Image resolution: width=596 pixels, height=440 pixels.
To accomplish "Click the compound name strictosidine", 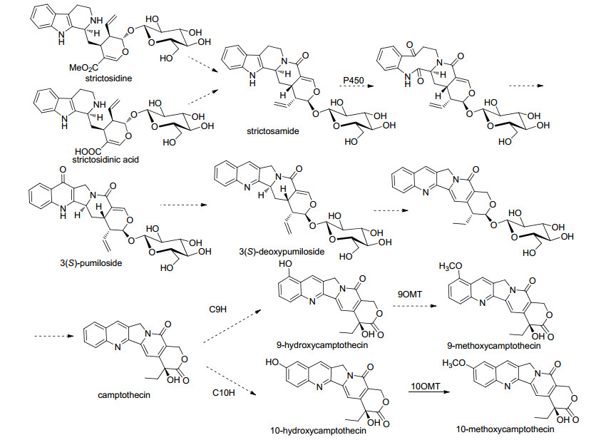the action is click(108, 78).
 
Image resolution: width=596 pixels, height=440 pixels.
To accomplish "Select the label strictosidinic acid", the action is click(106, 160).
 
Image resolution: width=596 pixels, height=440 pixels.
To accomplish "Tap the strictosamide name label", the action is click(272, 131).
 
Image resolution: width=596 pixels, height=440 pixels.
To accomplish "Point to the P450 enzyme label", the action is click(353, 81).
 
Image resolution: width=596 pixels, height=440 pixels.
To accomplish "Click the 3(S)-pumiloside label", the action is click(91, 263).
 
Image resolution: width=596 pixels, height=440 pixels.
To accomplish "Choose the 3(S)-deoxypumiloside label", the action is click(282, 252).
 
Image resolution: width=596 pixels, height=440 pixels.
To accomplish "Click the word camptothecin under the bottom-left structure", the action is click(124, 395).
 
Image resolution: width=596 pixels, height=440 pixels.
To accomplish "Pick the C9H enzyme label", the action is click(218, 309).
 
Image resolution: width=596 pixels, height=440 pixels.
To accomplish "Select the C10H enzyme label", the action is click(224, 392).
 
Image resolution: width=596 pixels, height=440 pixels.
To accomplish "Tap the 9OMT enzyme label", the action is click(410, 294).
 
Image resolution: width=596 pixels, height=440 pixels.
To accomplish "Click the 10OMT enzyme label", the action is click(426, 387).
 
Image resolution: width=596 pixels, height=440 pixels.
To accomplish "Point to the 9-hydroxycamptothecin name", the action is click(322, 345).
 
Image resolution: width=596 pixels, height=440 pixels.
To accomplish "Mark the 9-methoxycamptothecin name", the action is click(494, 346).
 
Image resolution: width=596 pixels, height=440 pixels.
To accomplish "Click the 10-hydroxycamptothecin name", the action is click(318, 431).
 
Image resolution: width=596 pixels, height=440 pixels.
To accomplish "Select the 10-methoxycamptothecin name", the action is click(505, 430).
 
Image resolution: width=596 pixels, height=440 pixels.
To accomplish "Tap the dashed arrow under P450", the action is click(356, 86).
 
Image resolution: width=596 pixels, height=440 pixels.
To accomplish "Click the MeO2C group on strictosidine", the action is click(83, 68).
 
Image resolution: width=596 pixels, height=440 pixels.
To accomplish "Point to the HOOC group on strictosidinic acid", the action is click(88, 152).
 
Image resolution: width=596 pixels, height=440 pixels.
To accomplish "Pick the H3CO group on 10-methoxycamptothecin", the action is click(454, 363).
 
